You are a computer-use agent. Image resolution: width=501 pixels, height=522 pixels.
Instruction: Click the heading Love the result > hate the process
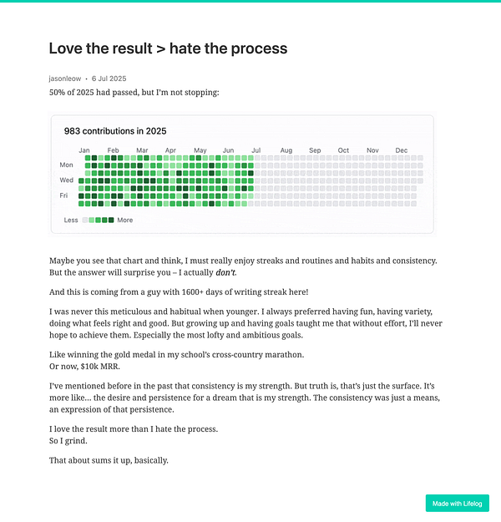[168, 48]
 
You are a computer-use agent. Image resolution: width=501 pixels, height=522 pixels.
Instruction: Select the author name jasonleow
[64, 79]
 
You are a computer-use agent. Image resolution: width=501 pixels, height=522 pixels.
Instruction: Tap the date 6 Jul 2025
[109, 79]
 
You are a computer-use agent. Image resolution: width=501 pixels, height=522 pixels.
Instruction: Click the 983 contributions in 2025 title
[115, 131]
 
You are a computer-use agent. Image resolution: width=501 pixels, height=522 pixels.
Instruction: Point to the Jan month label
[84, 150]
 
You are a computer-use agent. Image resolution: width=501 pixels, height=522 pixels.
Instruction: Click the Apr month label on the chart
[170, 150]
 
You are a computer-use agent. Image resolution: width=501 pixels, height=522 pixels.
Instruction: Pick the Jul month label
[256, 150]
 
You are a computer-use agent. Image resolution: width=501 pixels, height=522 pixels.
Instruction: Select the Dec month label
[401, 150]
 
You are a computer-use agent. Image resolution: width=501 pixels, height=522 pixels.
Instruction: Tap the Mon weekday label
[67, 165]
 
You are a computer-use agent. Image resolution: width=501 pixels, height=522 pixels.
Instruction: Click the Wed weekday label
[67, 180]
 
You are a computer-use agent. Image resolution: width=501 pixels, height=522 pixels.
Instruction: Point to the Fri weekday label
[64, 195]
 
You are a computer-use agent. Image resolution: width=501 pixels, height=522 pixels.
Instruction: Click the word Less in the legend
[71, 220]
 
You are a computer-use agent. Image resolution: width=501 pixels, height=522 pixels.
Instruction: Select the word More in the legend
[125, 220]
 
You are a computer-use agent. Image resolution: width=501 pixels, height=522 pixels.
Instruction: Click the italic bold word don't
[225, 273]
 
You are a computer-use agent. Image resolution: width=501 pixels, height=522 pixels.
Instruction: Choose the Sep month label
[315, 150]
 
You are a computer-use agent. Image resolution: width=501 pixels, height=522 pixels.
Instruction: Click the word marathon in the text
[281, 355]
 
